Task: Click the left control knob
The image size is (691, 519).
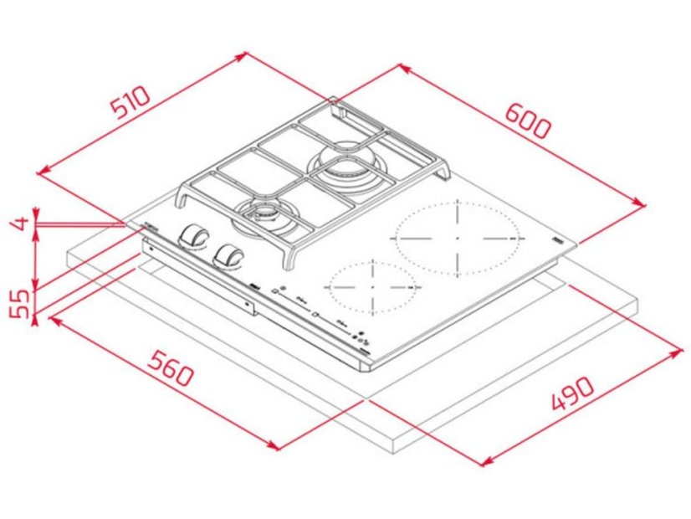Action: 196,236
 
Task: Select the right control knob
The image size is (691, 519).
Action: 228,255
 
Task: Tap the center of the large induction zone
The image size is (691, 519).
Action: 457,238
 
